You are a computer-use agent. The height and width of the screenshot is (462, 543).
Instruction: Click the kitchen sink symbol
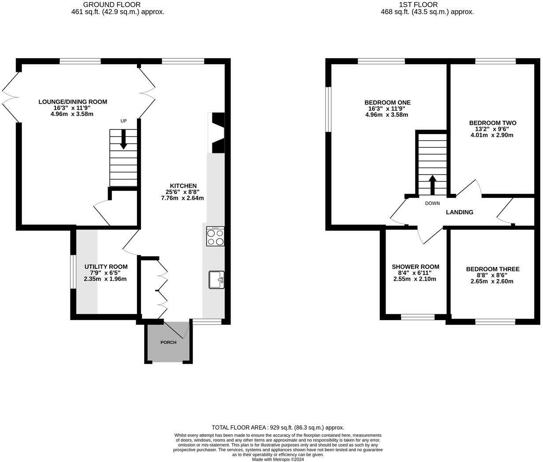click(216, 279)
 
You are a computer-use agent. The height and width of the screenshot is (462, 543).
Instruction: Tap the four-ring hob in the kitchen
click(215, 237)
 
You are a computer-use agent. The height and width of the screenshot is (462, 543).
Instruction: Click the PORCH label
click(168, 343)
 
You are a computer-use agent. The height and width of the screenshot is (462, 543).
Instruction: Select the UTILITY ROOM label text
click(106, 267)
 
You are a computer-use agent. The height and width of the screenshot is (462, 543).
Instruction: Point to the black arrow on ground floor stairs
click(123, 139)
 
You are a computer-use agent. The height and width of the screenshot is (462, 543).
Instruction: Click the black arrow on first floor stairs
click(432, 184)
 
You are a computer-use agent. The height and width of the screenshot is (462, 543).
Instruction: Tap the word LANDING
click(459, 212)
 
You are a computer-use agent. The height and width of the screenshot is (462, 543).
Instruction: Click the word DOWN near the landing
click(432, 203)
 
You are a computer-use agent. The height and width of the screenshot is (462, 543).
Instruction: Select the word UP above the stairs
click(123, 121)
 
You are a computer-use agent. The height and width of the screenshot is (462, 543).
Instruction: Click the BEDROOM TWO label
click(492, 123)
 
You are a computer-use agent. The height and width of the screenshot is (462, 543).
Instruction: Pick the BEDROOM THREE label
click(492, 269)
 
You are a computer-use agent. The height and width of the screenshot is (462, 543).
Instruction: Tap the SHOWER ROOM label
click(415, 267)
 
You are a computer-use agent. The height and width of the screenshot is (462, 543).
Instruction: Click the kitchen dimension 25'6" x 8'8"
click(183, 192)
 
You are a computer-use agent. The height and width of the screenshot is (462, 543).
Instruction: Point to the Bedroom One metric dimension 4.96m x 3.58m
click(387, 115)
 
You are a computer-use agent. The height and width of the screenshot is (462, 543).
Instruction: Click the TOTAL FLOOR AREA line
click(278, 427)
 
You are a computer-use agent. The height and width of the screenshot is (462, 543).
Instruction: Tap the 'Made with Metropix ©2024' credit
click(278, 459)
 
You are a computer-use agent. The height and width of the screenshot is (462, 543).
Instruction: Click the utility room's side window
click(73, 272)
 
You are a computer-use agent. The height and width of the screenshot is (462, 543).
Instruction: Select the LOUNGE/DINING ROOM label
click(73, 102)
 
